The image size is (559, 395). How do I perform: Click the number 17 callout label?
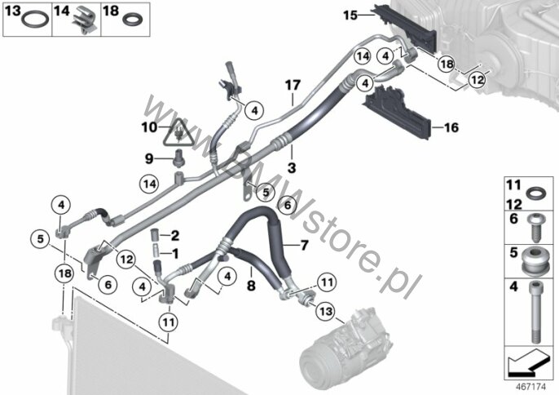293,86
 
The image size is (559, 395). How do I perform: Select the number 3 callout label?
292,167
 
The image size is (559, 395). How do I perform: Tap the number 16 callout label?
451,127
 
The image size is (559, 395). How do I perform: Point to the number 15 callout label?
350,16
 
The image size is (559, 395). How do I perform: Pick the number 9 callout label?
149,158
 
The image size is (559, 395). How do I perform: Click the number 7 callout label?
304,246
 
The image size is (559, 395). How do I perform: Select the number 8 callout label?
251,286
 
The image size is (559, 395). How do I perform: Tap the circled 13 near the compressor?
326,311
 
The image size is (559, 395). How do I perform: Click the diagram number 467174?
530,387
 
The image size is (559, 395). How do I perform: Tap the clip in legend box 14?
86,20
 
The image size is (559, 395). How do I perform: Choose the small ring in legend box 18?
133,19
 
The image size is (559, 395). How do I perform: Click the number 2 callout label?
175,235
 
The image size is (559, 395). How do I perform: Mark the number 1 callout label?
175,254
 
